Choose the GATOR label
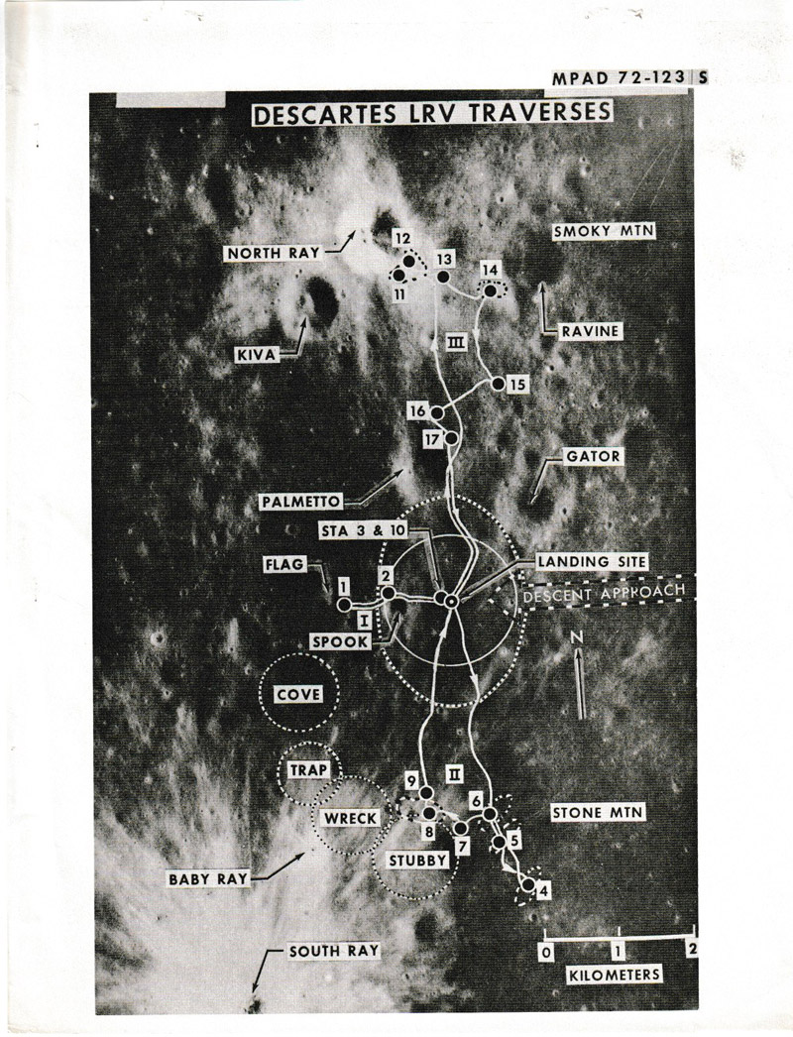click(593, 457)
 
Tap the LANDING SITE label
click(592, 561)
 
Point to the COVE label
click(298, 694)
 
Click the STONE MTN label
click(597, 813)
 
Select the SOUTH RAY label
click(320, 952)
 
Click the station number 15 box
click(513, 385)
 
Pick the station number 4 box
click(542, 890)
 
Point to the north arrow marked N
click(580, 679)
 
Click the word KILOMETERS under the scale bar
click(615, 976)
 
